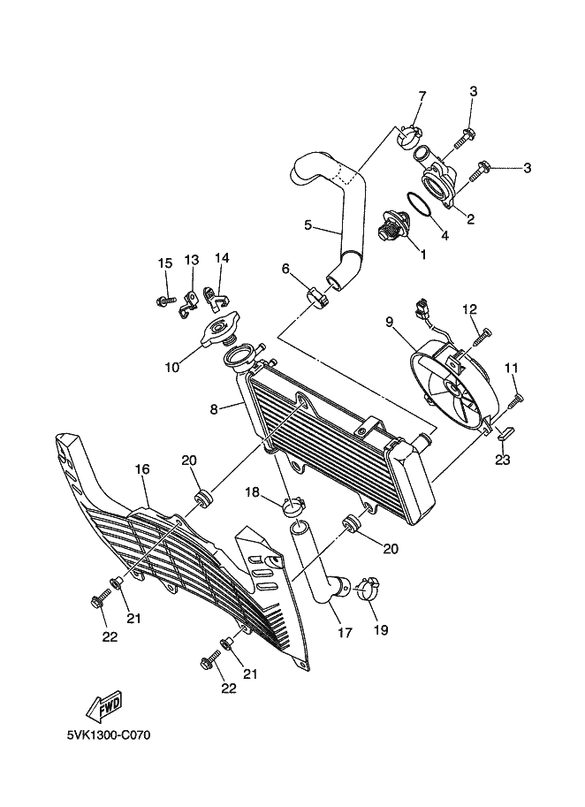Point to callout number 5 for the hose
pyautogui.click(x=308, y=225)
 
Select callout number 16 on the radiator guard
pyautogui.click(x=140, y=469)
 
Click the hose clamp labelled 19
pyautogui.click(x=368, y=588)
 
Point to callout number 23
pyautogui.click(x=503, y=459)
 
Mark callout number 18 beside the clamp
pyautogui.click(x=252, y=491)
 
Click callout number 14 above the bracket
pyautogui.click(x=221, y=258)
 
